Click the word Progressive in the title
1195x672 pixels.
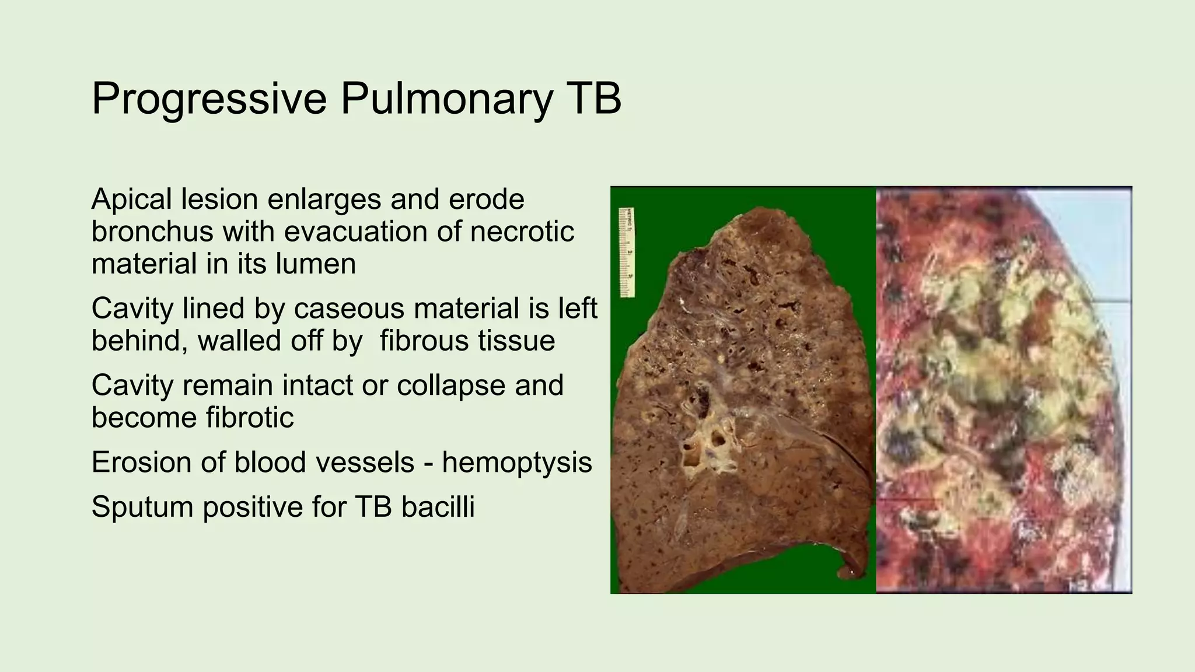click(209, 99)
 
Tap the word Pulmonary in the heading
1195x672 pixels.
click(446, 99)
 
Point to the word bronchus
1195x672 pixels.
click(152, 231)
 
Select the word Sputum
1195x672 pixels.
click(142, 508)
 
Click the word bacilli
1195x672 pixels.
click(438, 506)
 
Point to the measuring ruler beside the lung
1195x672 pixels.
click(627, 253)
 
